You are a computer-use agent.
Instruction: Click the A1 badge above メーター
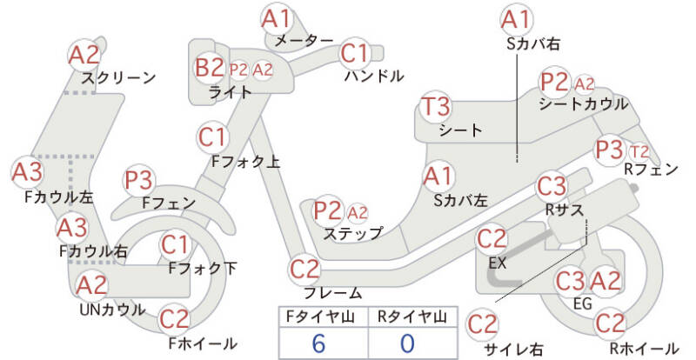[278, 18]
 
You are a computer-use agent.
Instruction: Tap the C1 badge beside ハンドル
[355, 54]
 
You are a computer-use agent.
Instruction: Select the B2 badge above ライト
[209, 67]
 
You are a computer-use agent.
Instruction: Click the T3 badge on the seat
[436, 107]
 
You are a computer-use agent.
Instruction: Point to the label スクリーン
[118, 78]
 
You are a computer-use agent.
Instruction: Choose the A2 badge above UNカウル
[92, 285]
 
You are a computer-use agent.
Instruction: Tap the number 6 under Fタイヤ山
[318, 343]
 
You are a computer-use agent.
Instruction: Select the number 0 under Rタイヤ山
[407, 343]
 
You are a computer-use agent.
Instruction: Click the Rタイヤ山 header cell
[408, 317]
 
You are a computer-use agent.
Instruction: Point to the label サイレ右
[513, 349]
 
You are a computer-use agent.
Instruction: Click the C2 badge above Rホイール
[613, 323]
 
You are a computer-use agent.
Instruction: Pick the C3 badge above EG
[571, 281]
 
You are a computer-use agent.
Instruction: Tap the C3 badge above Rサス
[552, 186]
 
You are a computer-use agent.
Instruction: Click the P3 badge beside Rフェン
[610, 148]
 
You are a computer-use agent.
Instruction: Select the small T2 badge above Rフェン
[639, 151]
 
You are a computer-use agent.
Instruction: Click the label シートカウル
[583, 103]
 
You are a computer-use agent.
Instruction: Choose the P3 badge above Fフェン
[140, 180]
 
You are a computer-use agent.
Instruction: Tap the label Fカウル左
[58, 197]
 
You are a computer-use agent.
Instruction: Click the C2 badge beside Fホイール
[175, 318]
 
